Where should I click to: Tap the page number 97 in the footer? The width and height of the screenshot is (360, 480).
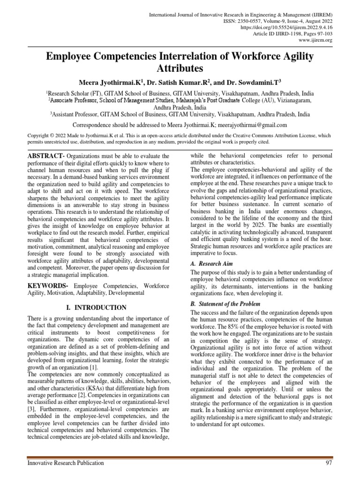pyautogui.click(x=329, y=463)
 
